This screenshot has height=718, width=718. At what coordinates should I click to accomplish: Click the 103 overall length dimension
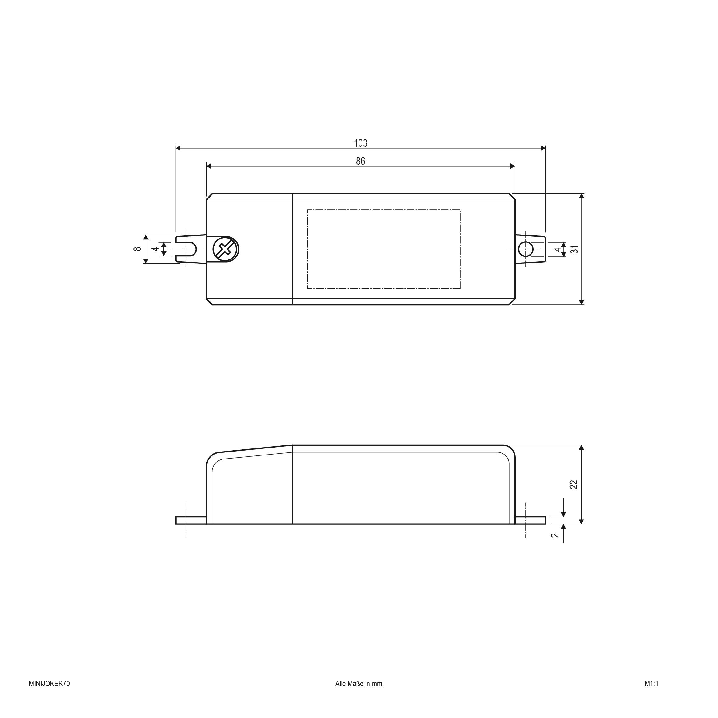point(360,143)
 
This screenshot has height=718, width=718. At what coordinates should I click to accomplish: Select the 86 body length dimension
point(360,161)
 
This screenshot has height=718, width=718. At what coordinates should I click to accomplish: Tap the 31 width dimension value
point(575,249)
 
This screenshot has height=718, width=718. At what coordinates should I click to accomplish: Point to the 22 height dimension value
point(574,484)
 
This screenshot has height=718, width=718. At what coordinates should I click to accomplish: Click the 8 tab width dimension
point(137,249)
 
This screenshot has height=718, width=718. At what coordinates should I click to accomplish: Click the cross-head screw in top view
point(225,249)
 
